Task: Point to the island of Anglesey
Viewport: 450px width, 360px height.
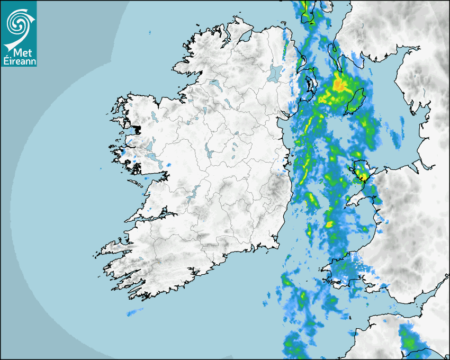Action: coord(361,171)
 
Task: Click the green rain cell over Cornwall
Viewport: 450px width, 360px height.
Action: coord(408,339)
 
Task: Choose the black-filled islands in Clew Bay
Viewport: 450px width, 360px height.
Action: coord(137,129)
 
